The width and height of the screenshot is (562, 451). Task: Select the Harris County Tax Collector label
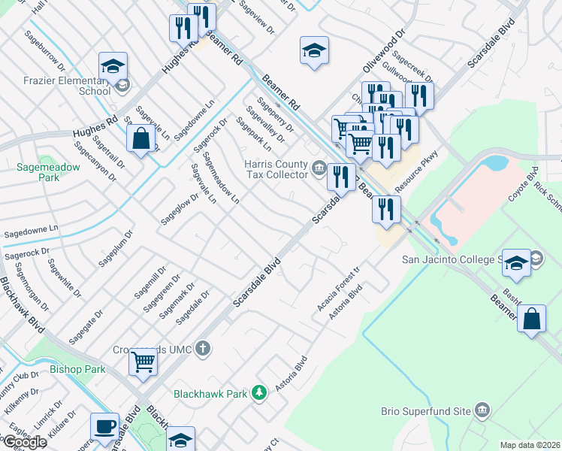pyautogui.click(x=276, y=169)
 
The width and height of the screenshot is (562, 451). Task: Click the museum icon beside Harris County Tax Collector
pyautogui.click(x=319, y=168)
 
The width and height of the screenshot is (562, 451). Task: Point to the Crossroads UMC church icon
pyautogui.click(x=201, y=348)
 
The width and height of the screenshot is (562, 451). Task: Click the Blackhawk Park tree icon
pyautogui.click(x=258, y=392)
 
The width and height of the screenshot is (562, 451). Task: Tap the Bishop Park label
pyautogui.click(x=77, y=370)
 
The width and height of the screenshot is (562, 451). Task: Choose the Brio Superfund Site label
pyautogui.click(x=426, y=411)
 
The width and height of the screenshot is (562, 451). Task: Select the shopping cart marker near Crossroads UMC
pyautogui.click(x=143, y=362)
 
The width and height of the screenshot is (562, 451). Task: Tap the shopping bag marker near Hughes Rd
pyautogui.click(x=140, y=139)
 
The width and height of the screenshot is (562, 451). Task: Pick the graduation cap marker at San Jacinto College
pyautogui.click(x=516, y=262)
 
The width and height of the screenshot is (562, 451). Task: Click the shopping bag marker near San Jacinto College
pyautogui.click(x=531, y=318)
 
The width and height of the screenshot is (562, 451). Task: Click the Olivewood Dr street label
pyautogui.click(x=384, y=52)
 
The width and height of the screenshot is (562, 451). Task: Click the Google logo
pyautogui.click(x=25, y=442)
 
